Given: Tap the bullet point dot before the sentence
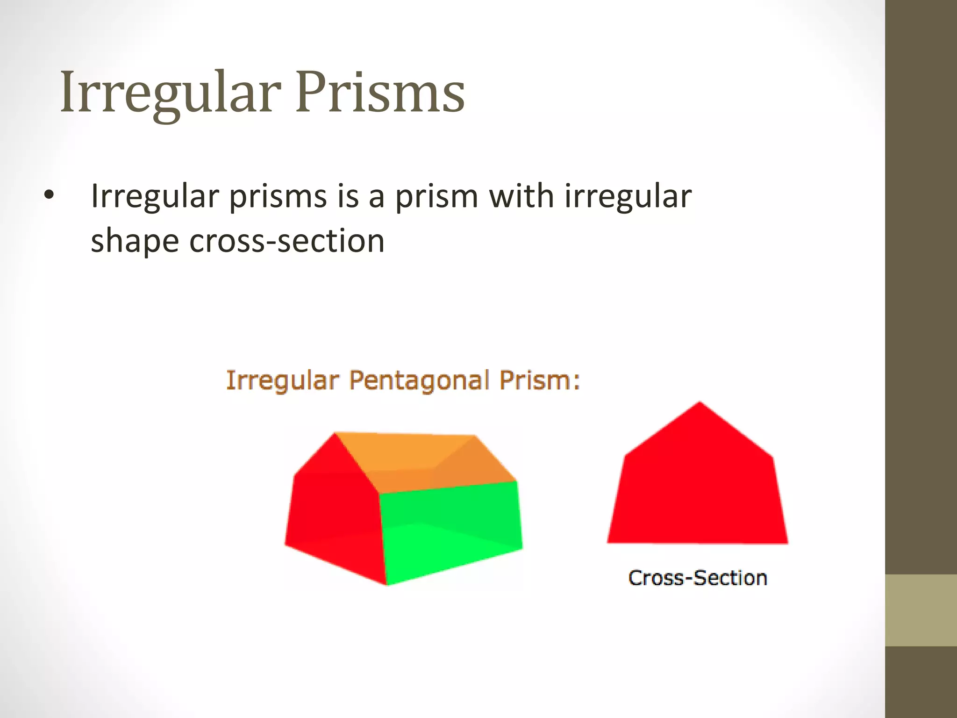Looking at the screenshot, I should pyautogui.click(x=49, y=197).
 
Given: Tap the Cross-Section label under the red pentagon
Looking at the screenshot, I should pyautogui.click(x=697, y=578).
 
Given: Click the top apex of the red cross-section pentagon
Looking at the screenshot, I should pyautogui.click(x=700, y=403).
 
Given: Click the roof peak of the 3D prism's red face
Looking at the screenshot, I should pyautogui.click(x=335, y=434).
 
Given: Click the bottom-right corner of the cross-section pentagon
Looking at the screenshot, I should pyautogui.click(x=787, y=542).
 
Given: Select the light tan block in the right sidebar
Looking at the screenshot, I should pyautogui.click(x=921, y=610).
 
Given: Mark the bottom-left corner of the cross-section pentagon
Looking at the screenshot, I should pyautogui.click(x=608, y=542).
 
